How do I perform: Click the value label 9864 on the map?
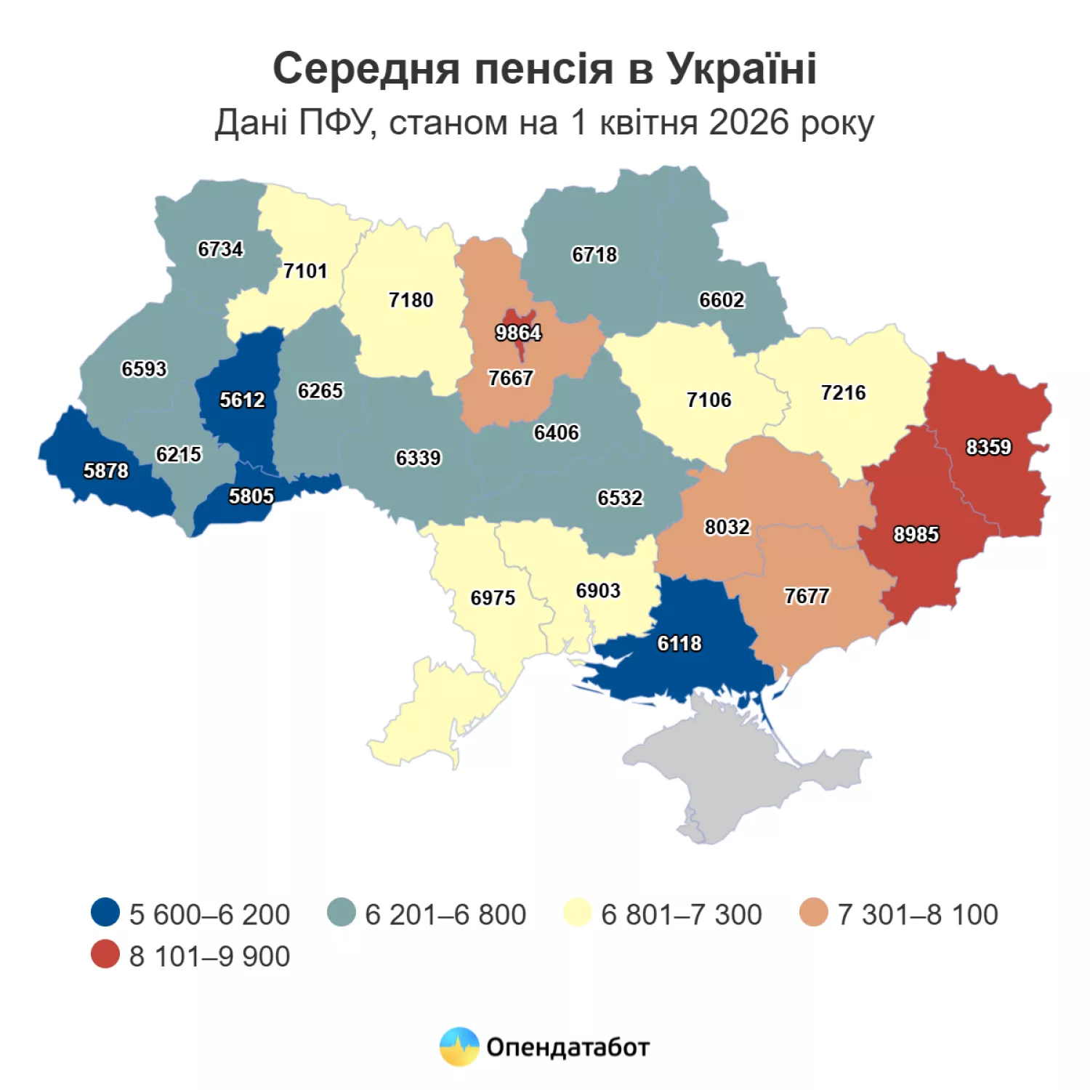(518, 333)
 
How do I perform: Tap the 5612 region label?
(242, 400)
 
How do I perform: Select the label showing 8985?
(916, 534)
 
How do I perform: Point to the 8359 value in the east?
(988, 447)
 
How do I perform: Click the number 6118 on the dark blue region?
(679, 643)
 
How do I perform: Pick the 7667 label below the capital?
(510, 378)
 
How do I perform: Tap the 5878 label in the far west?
(105, 471)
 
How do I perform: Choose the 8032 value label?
(727, 527)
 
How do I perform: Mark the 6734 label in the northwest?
(220, 249)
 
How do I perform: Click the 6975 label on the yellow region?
(493, 597)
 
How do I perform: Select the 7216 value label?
(843, 392)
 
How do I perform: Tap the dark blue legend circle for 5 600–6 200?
(105, 912)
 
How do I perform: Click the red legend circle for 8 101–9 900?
(105, 954)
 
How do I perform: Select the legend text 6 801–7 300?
(681, 914)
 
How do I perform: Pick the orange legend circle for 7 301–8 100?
(813, 912)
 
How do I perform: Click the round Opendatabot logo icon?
(459, 1046)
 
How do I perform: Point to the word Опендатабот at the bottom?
(568, 1047)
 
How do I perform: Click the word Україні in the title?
(742, 69)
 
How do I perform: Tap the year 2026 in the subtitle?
(748, 122)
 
